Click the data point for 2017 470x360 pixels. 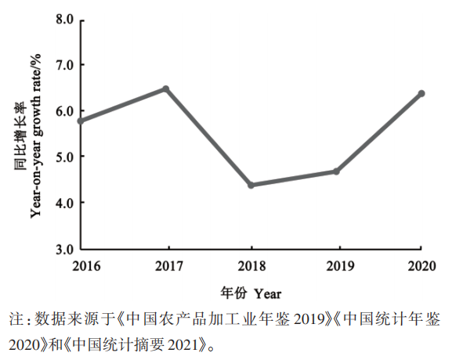[x=166, y=88]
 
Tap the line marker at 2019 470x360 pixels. [x=336, y=171]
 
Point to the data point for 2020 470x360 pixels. [x=421, y=93]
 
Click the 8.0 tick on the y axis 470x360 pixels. [x=64, y=17]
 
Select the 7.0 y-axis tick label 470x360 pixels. [x=64, y=64]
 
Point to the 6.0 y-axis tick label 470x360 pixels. [x=64, y=110]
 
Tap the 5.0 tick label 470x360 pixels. [x=64, y=157]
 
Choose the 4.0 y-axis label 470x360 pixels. [x=64, y=203]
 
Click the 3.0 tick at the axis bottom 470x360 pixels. [x=64, y=249]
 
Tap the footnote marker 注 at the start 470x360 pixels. [x=16, y=319]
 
